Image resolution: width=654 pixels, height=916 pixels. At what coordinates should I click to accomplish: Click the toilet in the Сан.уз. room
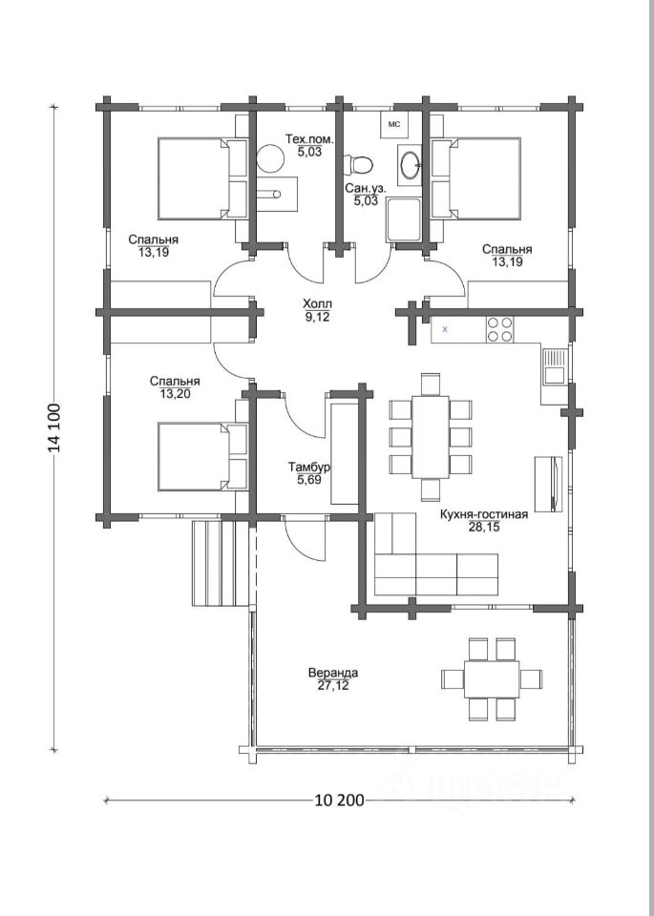click(x=358, y=164)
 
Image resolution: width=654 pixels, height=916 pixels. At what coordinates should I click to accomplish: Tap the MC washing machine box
click(x=394, y=124)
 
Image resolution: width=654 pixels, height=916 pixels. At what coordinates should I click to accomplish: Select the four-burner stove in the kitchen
click(x=499, y=329)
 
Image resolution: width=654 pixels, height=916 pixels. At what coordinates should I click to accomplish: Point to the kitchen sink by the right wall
click(x=553, y=366)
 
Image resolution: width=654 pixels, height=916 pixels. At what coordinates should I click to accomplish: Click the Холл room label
click(x=317, y=303)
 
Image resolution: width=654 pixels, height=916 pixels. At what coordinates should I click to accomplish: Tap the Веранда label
click(x=333, y=673)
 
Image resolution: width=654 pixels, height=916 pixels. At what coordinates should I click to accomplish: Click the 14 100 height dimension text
click(x=54, y=428)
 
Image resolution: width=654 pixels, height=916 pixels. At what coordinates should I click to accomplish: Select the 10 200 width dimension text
click(x=339, y=800)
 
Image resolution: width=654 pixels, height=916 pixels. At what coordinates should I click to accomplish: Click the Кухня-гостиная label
click(x=483, y=514)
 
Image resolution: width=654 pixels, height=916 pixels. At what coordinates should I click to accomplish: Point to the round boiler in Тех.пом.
click(x=270, y=158)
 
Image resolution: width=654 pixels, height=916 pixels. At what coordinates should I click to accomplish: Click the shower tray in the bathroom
click(x=403, y=219)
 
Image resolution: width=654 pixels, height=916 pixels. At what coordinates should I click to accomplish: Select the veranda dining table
click(x=492, y=678)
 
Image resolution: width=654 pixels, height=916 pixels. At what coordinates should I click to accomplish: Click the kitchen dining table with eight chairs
click(x=431, y=437)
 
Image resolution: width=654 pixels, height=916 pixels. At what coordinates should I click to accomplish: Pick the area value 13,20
click(x=175, y=394)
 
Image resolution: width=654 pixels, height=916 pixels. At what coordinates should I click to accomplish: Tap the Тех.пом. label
click(x=309, y=139)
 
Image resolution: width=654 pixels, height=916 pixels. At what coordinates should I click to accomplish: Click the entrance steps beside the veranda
click(x=222, y=563)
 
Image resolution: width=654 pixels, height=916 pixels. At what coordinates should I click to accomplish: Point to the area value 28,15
click(x=483, y=527)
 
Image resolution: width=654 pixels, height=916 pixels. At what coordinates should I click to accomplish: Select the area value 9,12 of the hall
click(x=317, y=317)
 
